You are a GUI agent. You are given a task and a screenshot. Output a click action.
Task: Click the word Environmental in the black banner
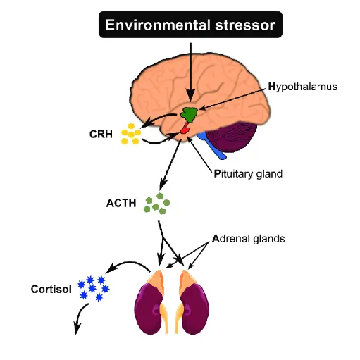[x=158, y=25]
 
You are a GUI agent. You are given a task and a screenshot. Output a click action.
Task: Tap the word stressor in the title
[x=245, y=25]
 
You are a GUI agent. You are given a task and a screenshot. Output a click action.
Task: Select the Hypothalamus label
[x=303, y=87]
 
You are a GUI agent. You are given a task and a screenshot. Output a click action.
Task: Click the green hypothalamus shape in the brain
[x=190, y=114]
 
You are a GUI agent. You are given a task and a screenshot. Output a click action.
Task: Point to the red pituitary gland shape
[x=185, y=129]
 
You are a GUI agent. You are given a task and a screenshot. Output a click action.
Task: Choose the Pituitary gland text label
[x=248, y=174]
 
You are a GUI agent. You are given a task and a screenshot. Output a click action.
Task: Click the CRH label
[x=101, y=134]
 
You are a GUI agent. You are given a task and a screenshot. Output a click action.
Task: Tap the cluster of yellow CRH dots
[x=131, y=134]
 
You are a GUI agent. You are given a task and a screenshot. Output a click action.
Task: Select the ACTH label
[x=121, y=203]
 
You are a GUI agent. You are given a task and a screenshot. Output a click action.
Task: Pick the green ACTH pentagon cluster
[x=156, y=204]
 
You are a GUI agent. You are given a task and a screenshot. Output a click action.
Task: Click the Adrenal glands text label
[x=249, y=239]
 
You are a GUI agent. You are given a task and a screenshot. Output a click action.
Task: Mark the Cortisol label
[x=51, y=289]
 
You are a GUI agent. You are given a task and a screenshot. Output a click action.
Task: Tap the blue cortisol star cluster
[x=94, y=288]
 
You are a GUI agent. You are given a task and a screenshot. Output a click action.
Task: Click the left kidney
[x=149, y=309]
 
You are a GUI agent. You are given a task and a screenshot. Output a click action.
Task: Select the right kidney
[x=194, y=309]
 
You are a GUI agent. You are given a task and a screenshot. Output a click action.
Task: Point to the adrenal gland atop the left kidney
[x=156, y=280]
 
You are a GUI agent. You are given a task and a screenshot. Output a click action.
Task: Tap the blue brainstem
[x=212, y=146]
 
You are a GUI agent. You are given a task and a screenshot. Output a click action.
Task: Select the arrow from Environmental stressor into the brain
[x=191, y=72]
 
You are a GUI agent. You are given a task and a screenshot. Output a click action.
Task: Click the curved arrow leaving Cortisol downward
[x=80, y=316]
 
